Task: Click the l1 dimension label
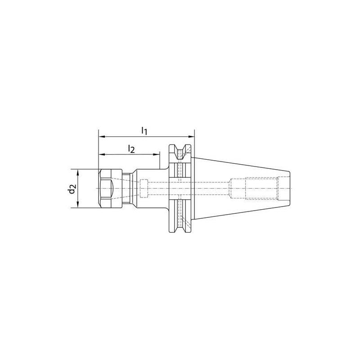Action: [144, 130]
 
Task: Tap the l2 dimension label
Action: [131, 148]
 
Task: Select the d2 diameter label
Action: [71, 189]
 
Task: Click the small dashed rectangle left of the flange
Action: [144, 189]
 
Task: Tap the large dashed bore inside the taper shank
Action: [254, 189]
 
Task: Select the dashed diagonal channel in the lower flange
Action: [184, 220]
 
